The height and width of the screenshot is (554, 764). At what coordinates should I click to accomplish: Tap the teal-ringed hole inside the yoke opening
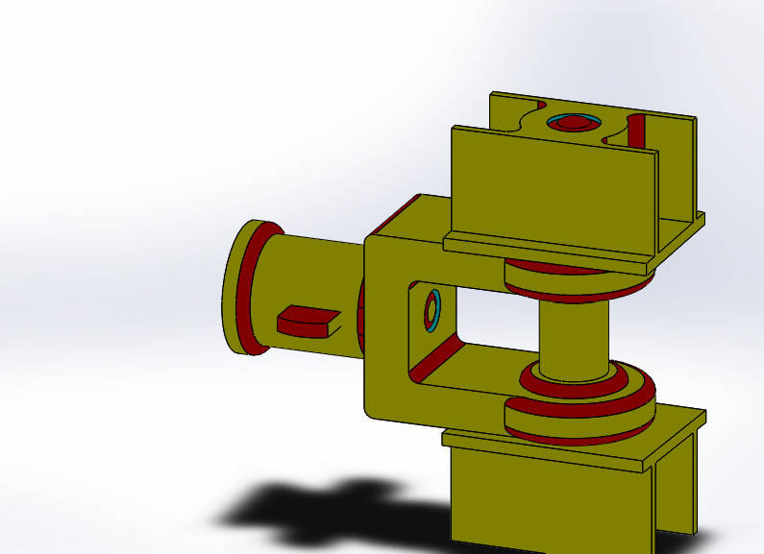coord(432,310)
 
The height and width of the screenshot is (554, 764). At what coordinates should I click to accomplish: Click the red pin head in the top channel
coord(574,123)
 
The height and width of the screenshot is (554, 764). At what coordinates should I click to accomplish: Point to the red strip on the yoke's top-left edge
coord(394,216)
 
